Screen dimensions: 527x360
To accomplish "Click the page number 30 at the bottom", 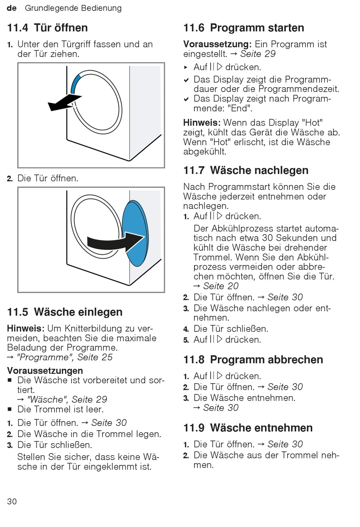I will coord(12,501).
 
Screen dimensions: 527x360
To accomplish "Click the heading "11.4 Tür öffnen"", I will coord(47,28).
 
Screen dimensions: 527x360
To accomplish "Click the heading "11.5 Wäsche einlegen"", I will coord(65,312).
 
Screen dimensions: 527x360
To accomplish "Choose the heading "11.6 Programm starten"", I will coord(244,28).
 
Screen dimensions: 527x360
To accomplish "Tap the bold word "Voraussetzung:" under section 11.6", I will coord(218,44).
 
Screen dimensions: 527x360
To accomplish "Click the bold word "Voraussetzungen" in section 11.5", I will coord(45,370).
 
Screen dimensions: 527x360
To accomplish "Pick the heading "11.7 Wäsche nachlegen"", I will coord(246,170).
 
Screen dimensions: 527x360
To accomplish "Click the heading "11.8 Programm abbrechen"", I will coord(253,359).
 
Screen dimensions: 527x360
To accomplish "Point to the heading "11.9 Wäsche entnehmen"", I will coord(248,428).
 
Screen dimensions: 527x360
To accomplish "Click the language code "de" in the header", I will coord(12,8).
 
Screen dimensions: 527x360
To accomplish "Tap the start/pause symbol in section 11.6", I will coord(216,67).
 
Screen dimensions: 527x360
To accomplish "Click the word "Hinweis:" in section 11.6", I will coord(202,123).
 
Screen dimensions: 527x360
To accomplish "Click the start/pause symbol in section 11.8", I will coord(216,376).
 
